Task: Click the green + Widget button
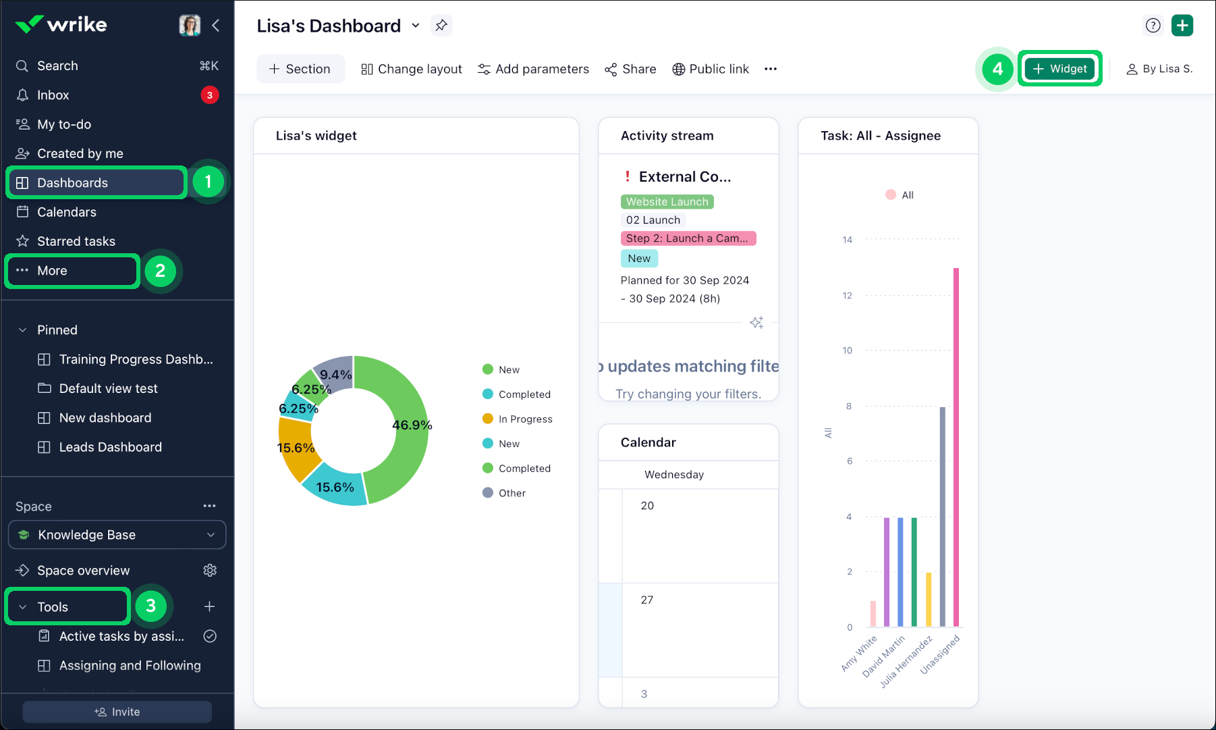[x=1059, y=69]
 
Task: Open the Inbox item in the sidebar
[x=53, y=95]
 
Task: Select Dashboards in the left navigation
[x=72, y=183]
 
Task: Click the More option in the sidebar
[x=52, y=271]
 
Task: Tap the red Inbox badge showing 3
[x=209, y=95]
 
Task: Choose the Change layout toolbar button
[x=412, y=69]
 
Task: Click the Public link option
[x=711, y=69]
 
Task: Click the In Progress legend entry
[x=525, y=419]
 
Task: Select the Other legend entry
[x=512, y=493]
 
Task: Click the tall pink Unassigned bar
[x=956, y=446]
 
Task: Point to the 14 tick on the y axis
[x=848, y=240]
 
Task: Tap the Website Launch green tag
[x=667, y=202]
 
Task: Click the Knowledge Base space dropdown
[x=117, y=535]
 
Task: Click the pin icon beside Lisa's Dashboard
[x=441, y=26]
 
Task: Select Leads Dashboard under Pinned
[x=110, y=447]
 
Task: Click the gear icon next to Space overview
[x=210, y=571]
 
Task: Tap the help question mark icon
[x=1153, y=26]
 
